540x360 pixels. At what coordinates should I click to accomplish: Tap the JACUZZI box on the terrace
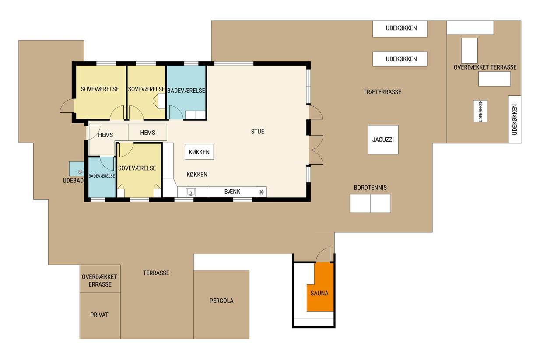(x=383, y=140)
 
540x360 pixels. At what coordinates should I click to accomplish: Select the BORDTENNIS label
(x=370, y=188)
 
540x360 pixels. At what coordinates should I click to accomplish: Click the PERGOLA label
(x=221, y=301)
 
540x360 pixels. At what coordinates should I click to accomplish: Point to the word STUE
(x=257, y=132)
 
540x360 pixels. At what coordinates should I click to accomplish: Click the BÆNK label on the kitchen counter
(x=232, y=192)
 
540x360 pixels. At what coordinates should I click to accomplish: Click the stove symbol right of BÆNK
(x=261, y=192)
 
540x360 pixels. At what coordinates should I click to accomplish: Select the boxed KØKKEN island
(x=199, y=152)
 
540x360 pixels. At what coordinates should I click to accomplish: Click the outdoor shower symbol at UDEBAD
(x=80, y=171)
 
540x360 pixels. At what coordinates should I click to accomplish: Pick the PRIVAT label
(x=99, y=315)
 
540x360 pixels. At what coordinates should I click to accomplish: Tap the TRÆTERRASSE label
(x=382, y=92)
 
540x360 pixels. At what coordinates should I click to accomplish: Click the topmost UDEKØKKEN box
(x=400, y=29)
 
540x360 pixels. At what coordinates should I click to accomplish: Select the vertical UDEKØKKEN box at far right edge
(x=515, y=119)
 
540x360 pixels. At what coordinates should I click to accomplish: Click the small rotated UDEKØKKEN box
(x=480, y=111)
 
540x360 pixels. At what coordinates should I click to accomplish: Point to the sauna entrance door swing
(x=323, y=254)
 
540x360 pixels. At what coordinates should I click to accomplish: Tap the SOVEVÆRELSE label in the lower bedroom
(x=137, y=168)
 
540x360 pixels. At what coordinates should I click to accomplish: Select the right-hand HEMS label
(x=147, y=133)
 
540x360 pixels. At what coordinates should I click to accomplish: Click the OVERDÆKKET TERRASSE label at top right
(x=485, y=67)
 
